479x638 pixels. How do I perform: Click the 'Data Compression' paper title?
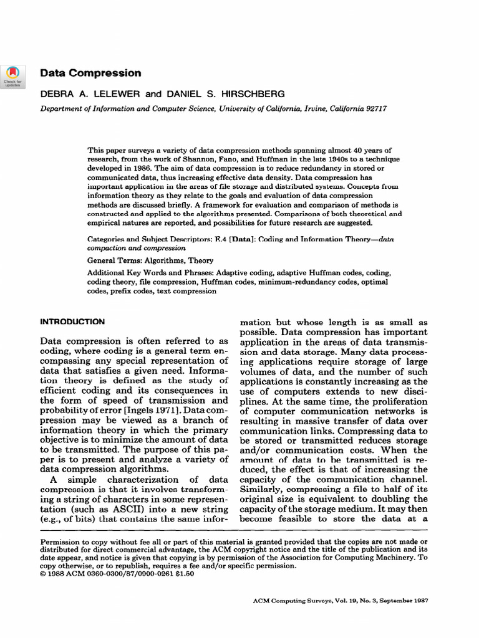pos(90,73)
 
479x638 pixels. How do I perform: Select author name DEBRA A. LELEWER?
pos(90,94)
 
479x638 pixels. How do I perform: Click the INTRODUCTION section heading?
pos(72,322)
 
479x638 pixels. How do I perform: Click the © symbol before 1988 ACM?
pos(43,574)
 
